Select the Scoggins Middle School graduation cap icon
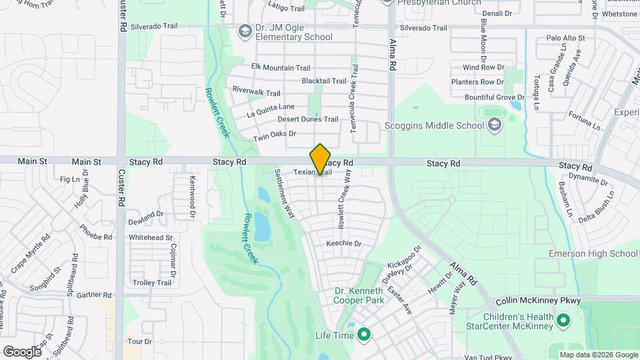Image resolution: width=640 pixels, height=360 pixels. pos(494,125)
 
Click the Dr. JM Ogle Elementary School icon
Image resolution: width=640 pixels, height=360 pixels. pos(245,31)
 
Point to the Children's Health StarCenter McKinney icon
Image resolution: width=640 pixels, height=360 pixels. pos(563,321)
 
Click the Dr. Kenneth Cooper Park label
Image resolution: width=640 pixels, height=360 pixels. pos(359,296)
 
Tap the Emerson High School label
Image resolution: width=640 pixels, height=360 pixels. pos(593,253)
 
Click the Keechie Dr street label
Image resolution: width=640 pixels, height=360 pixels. pos(343,244)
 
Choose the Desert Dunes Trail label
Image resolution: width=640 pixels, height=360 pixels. pos(308,119)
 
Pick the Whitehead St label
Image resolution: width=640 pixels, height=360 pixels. pos(151,237)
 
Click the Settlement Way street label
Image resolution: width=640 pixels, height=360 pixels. pos(285,193)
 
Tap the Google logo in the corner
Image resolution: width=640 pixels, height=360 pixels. pos(22,351)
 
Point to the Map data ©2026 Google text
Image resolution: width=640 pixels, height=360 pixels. pos(597,355)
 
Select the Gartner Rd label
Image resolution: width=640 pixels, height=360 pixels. pos(94,295)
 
